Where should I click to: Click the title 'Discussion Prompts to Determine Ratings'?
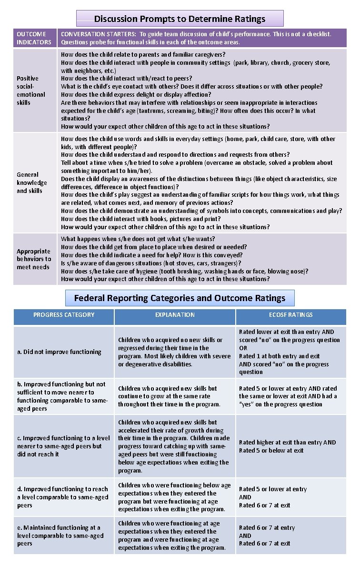180,19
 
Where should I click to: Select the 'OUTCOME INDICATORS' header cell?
34,38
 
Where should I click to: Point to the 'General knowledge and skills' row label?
32,182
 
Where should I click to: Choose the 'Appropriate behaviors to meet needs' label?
33,259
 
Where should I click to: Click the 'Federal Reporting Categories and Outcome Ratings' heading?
180,298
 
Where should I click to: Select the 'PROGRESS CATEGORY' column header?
64,315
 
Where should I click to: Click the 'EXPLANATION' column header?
175,315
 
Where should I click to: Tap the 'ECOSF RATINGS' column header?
290,315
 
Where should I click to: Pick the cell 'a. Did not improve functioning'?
60,352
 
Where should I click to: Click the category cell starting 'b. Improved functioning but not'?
61,396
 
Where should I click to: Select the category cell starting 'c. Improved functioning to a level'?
63,446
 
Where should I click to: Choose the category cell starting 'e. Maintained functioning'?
60,535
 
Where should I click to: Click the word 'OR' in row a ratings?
243,348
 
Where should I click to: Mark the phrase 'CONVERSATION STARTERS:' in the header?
98,34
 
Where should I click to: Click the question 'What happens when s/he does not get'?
138,239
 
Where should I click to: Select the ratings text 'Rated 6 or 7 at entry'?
267,527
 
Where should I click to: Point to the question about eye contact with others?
191,86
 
